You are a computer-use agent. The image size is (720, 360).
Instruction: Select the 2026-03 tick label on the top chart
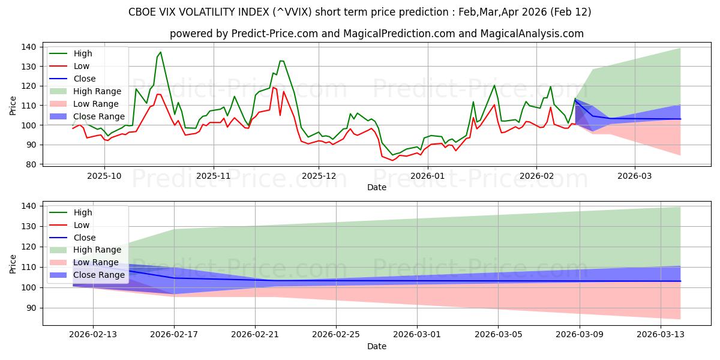pyautogui.click(x=635, y=176)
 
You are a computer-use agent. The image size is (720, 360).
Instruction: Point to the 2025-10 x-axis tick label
pyautogui.click(x=104, y=176)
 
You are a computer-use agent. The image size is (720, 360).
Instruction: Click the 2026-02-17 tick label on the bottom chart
pyautogui.click(x=174, y=335)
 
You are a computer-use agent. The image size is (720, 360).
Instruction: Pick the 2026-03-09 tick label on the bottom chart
pyautogui.click(x=580, y=335)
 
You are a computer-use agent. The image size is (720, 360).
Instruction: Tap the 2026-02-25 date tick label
pyautogui.click(x=336, y=335)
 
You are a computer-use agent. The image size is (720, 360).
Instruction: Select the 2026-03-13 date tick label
pyautogui.click(x=661, y=335)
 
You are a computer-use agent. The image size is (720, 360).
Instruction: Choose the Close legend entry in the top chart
pyautogui.click(x=84, y=79)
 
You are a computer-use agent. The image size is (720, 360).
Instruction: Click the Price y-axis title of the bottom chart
pyautogui.click(x=13, y=264)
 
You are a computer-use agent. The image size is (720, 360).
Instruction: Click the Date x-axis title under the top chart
pyautogui.click(x=376, y=187)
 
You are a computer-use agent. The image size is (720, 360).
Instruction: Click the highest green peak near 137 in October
pyautogui.click(x=160, y=52)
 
